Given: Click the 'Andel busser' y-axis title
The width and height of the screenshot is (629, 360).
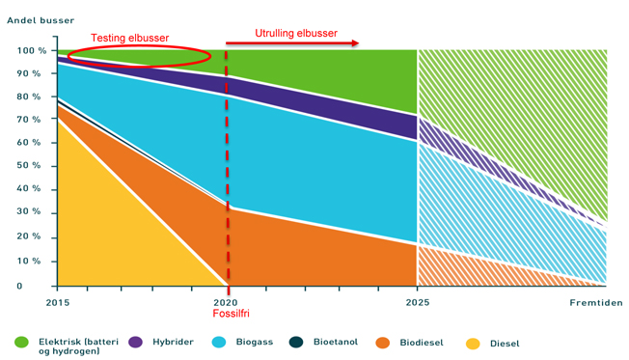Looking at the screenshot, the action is pos(41,20).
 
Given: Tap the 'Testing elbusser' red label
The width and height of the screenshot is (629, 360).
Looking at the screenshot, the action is pos(129,39).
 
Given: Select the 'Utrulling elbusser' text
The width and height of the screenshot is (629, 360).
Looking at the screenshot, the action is pos(296,34).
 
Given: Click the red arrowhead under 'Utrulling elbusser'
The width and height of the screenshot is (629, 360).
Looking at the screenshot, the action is pos(355,43).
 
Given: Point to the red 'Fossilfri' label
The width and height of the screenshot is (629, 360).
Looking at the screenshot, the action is pos(232,314).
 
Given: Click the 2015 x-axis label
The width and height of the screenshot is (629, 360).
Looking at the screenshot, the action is pos(58,303).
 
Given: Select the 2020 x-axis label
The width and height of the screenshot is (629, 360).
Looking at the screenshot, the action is pos(226,302).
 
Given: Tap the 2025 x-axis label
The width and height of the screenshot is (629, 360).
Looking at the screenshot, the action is pos(417,302).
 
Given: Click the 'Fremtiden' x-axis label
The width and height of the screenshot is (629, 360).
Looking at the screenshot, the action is pos(596,303).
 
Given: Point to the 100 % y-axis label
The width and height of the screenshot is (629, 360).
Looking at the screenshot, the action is pos(32,50).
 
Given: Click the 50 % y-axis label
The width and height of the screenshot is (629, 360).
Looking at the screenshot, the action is pos(29,165).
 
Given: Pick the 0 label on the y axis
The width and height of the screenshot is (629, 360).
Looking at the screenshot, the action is pos(19,286).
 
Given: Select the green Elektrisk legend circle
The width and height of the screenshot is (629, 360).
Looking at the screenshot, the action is pos(21,342).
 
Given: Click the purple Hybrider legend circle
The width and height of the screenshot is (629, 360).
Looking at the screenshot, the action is pos(136,342).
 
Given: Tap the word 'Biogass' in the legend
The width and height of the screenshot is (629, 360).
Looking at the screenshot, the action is pos(255,342).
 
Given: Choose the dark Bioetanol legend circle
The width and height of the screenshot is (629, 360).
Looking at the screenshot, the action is pos(296,342).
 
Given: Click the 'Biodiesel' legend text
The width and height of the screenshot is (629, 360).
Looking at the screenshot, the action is pos(422,343).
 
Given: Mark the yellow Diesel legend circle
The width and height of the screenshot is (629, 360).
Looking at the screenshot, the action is pos(473,344).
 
